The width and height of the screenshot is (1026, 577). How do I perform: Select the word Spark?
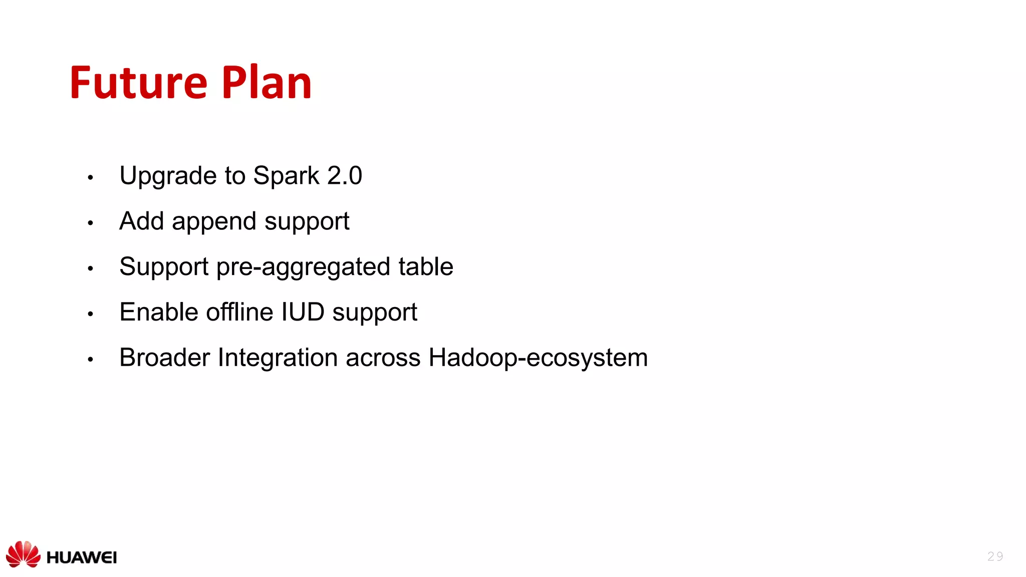pos(286,176)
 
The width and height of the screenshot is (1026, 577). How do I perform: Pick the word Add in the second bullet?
pos(141,221)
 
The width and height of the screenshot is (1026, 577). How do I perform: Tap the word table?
pos(426,266)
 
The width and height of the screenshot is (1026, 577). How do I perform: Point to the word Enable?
pos(159,312)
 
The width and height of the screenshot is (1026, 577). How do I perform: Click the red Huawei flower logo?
pos(23,554)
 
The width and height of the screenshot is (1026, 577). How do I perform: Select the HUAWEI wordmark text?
pos(82,557)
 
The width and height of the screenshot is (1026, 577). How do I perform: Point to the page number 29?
pos(995,556)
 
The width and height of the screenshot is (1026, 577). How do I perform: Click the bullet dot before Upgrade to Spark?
pos(90,177)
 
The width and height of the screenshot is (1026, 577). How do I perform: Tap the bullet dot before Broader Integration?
pos(90,359)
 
